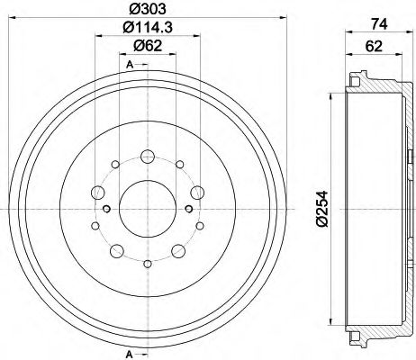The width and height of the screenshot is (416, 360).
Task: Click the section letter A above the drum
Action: (x=131, y=64)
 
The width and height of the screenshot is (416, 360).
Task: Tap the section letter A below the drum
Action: (x=131, y=352)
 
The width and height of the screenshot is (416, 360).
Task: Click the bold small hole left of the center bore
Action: (x=107, y=209)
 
